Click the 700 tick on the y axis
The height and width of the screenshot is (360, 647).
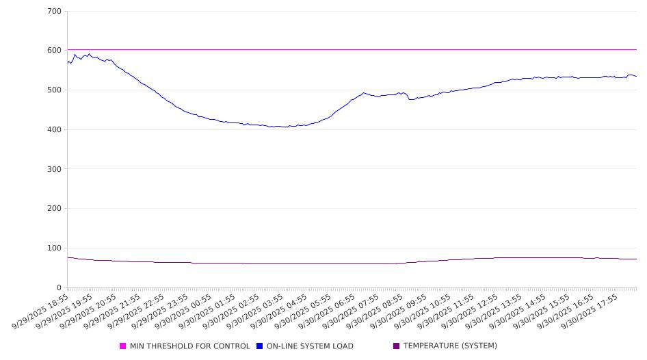[x=55, y=11]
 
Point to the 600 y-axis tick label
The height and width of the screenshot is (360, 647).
[x=55, y=51]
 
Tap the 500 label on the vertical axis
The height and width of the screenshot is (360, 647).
[x=55, y=90]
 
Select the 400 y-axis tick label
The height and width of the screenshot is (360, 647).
[x=55, y=129]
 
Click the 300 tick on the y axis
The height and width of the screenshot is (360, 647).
[x=55, y=169]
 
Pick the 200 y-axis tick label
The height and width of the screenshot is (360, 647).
[x=55, y=209]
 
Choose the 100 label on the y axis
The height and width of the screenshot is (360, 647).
[x=55, y=248]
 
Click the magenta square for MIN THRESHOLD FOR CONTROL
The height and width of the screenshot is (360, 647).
[x=123, y=346]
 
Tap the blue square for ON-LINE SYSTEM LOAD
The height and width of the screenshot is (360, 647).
[x=260, y=346]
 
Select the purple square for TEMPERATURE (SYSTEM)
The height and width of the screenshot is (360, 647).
[x=397, y=346]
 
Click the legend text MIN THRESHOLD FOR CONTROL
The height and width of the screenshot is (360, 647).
[x=189, y=346]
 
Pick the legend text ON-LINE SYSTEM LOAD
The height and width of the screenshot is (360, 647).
[x=310, y=346]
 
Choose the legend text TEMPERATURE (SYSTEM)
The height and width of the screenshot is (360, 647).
[x=450, y=346]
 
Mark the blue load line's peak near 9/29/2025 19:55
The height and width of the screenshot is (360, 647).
[x=89, y=53]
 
